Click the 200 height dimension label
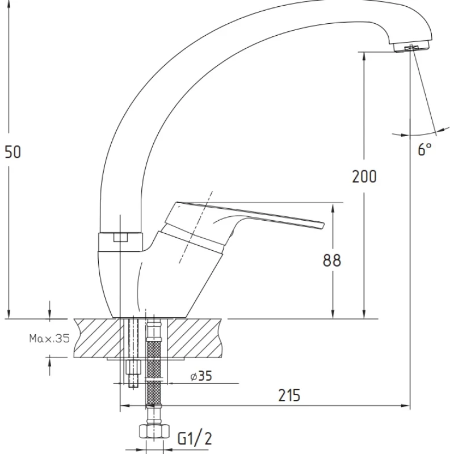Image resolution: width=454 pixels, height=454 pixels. (364, 176)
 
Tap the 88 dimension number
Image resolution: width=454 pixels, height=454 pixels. (332, 260)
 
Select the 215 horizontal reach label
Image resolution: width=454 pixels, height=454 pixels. (289, 395)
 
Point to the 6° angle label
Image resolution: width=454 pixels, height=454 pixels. (424, 149)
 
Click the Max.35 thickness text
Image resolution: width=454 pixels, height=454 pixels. (49, 338)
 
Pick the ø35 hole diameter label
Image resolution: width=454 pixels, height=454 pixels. (201, 376)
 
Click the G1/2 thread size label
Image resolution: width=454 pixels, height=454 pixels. (195, 438)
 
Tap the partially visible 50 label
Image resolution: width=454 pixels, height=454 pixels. (13, 152)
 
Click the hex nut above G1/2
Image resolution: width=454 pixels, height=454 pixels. (154, 431)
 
